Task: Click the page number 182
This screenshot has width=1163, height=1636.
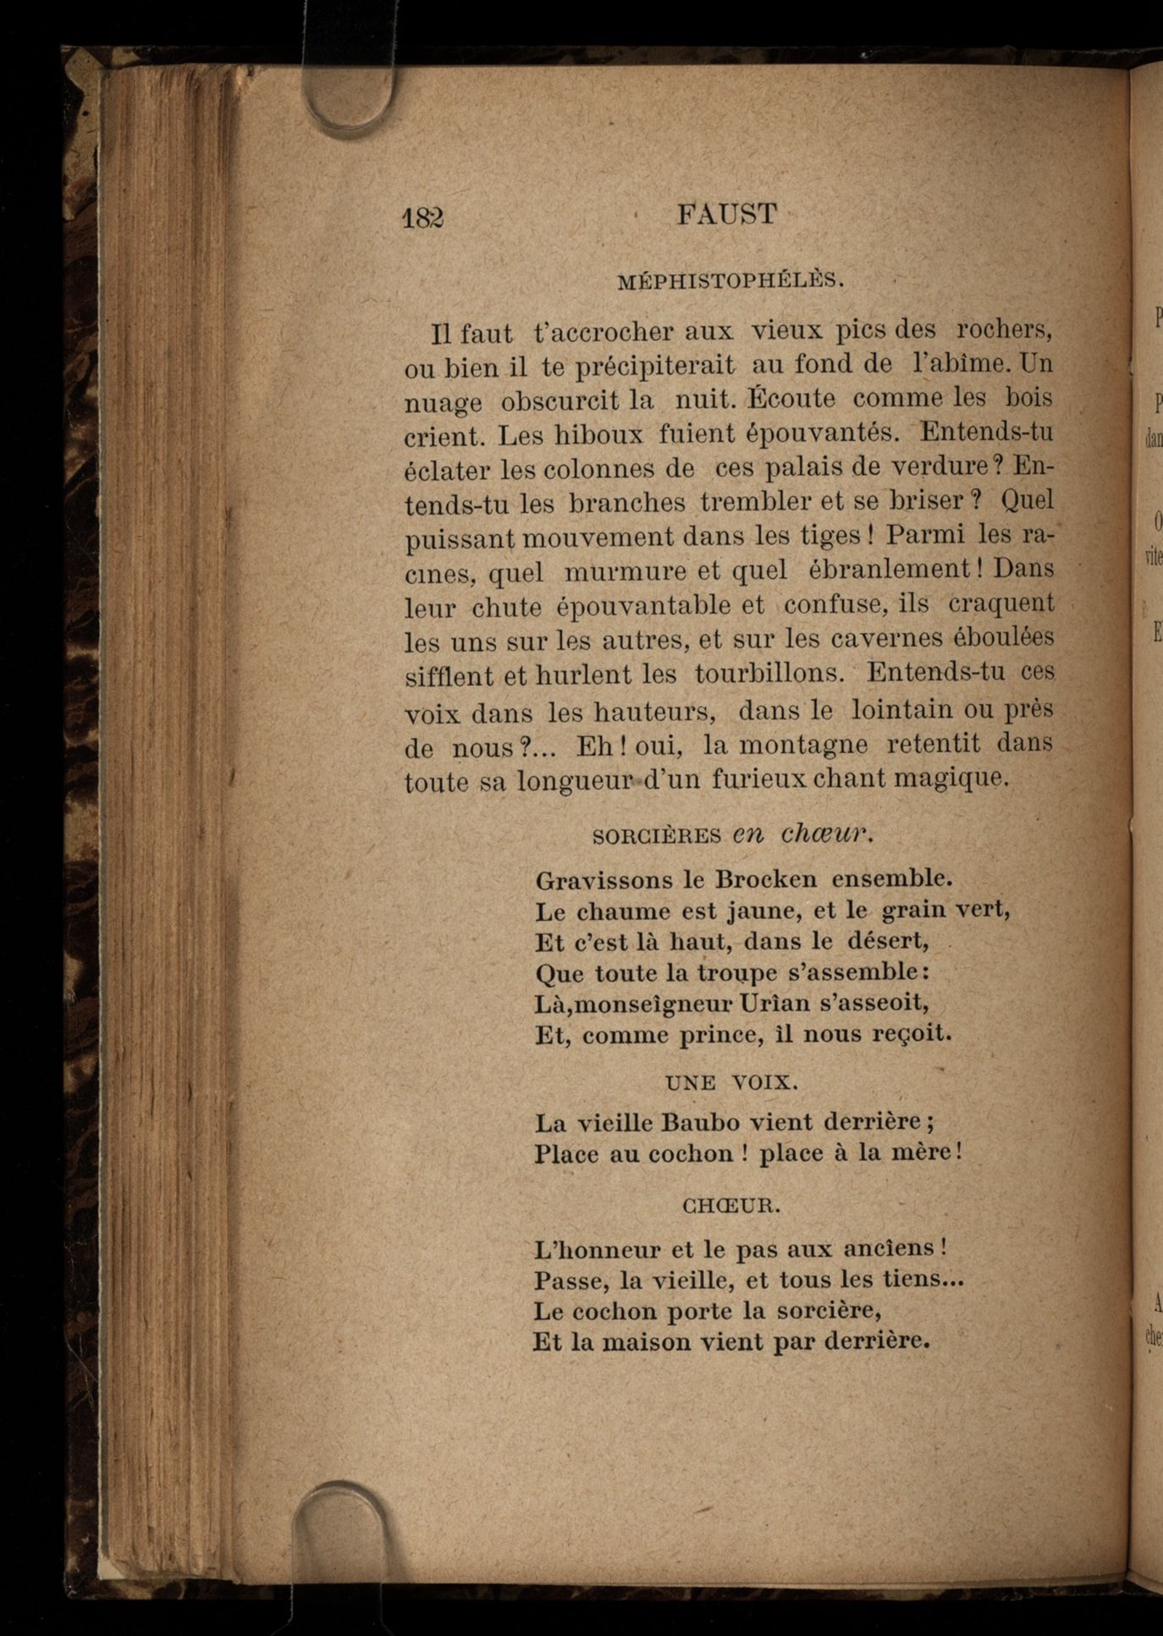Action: [x=423, y=218]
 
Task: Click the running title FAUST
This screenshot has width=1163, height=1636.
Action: [x=726, y=214]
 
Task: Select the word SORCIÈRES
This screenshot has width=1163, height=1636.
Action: [x=657, y=836]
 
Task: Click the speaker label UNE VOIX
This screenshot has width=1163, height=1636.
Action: [x=731, y=1082]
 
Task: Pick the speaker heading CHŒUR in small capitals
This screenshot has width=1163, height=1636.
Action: [x=731, y=1206]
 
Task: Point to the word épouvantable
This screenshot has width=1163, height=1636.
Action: [x=643, y=606]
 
